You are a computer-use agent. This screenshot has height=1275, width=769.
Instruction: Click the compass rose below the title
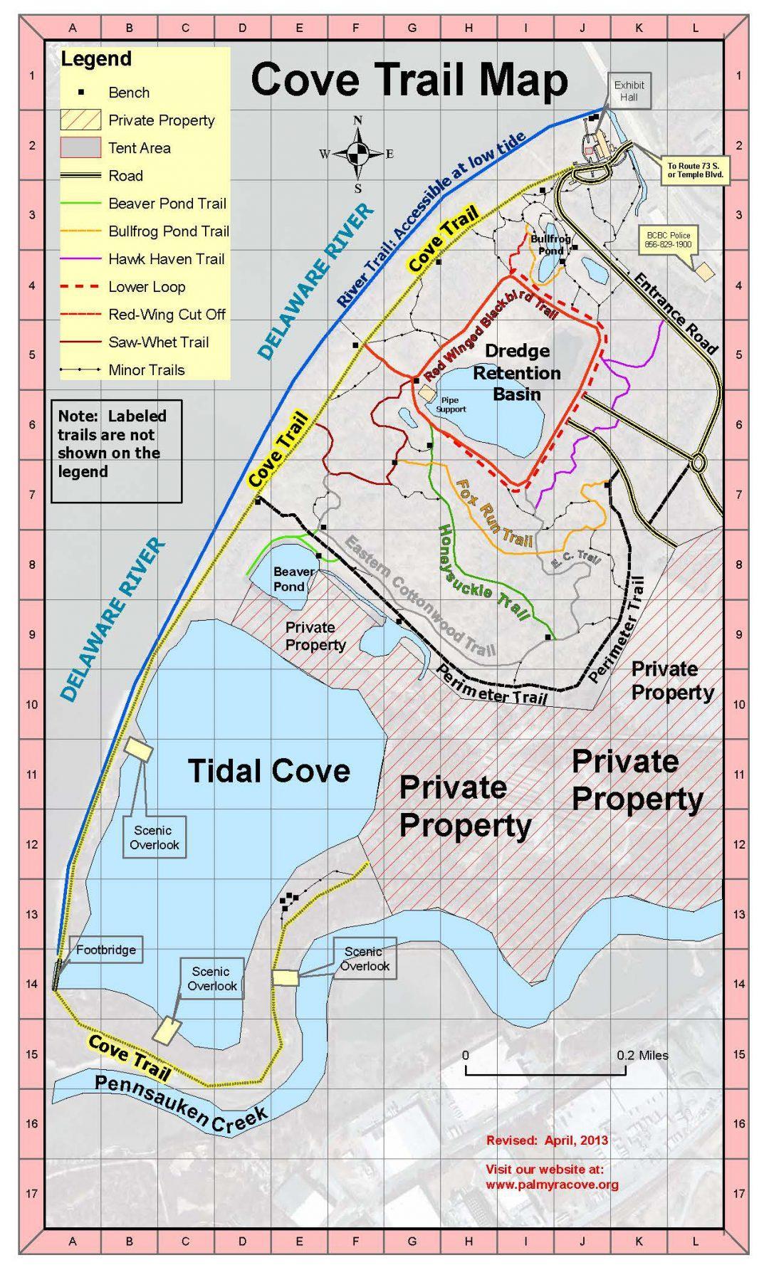pos(358,153)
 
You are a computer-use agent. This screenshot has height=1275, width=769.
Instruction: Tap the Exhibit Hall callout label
pos(629,90)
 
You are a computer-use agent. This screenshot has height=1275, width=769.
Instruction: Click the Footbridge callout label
pos(105,950)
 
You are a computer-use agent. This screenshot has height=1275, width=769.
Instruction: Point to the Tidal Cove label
pos(269,771)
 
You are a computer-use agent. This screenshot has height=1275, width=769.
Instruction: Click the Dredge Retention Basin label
pos(517,372)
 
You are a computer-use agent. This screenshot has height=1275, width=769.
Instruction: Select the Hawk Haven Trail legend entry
pos(166,259)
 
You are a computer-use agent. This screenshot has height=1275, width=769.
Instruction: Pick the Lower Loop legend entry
pos(147,287)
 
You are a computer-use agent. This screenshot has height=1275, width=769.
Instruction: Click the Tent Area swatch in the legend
pos(79,148)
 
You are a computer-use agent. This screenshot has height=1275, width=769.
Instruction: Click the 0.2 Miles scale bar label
pos(643,1054)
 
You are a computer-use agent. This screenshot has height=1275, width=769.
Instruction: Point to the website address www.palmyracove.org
pos(552,1185)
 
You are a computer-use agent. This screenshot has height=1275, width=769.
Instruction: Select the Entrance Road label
pos(674,313)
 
